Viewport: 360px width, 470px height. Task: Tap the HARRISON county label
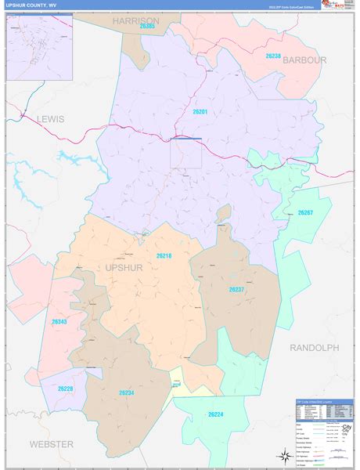(135, 20)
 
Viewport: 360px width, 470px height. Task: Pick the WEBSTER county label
(51, 444)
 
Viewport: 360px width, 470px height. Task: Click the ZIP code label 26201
(199, 111)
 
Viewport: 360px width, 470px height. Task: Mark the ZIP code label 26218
(164, 255)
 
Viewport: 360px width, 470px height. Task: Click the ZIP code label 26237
(237, 290)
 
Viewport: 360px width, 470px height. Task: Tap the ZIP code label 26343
(60, 322)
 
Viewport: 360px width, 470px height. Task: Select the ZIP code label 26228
(65, 388)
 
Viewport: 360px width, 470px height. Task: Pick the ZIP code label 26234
(127, 392)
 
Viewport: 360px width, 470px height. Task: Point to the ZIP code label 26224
(216, 414)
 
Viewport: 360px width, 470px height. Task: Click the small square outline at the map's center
(186, 153)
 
